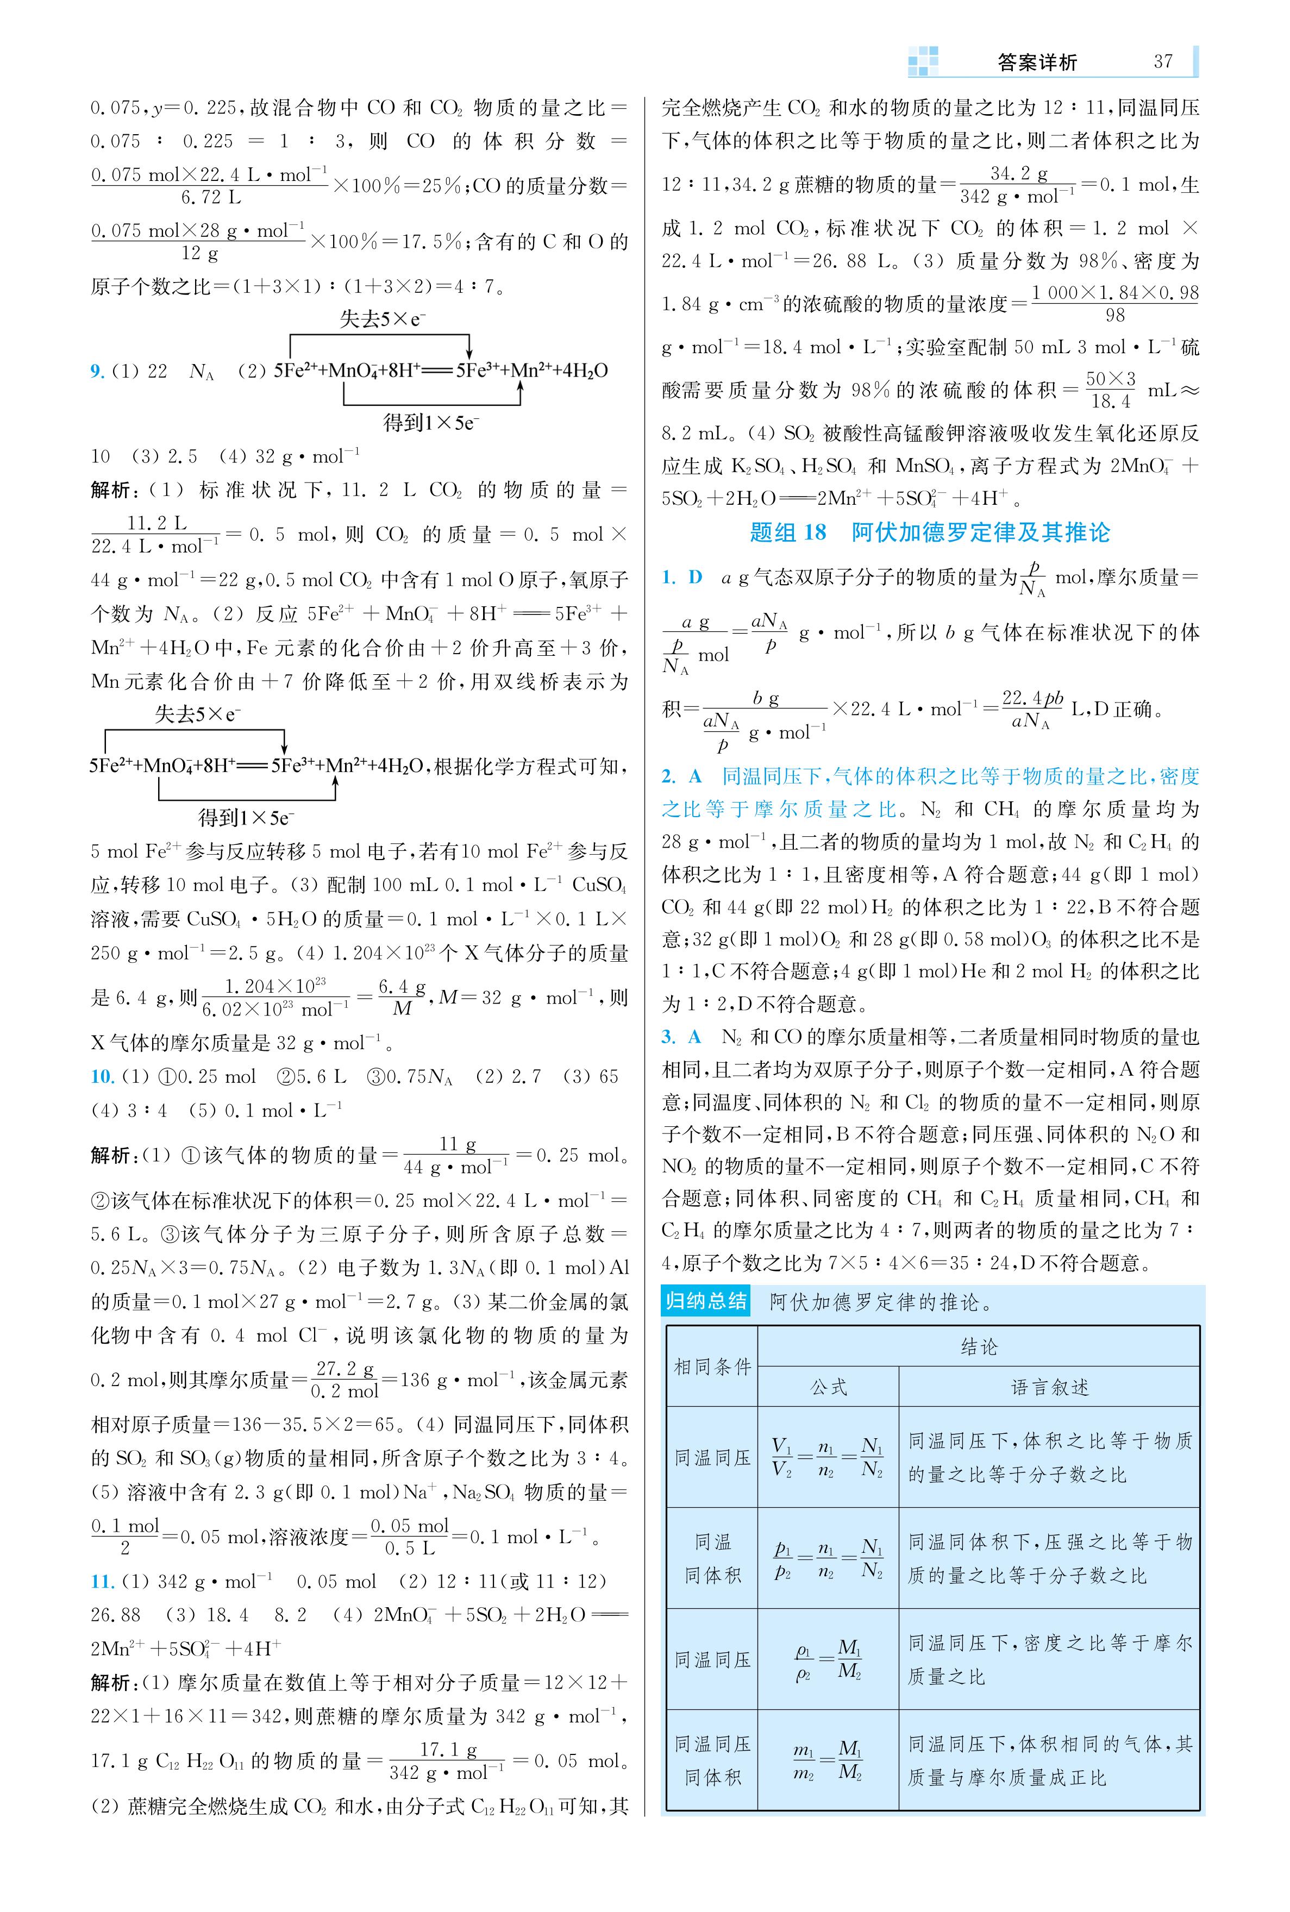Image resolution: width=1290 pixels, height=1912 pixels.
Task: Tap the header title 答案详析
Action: coord(1037,62)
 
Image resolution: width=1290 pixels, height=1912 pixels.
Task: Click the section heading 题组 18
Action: coord(787,533)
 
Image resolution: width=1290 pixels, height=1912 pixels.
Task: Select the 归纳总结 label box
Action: coord(706,1301)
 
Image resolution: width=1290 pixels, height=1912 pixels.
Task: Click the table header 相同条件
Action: coord(712,1367)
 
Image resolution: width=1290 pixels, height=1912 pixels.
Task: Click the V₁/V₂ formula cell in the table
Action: coord(828,1457)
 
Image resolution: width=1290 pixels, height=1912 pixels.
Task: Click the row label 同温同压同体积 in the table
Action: coord(712,1761)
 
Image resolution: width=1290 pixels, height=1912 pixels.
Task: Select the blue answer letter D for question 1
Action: coord(695,578)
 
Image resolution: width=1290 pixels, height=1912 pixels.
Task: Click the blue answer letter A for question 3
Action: coord(695,1037)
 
